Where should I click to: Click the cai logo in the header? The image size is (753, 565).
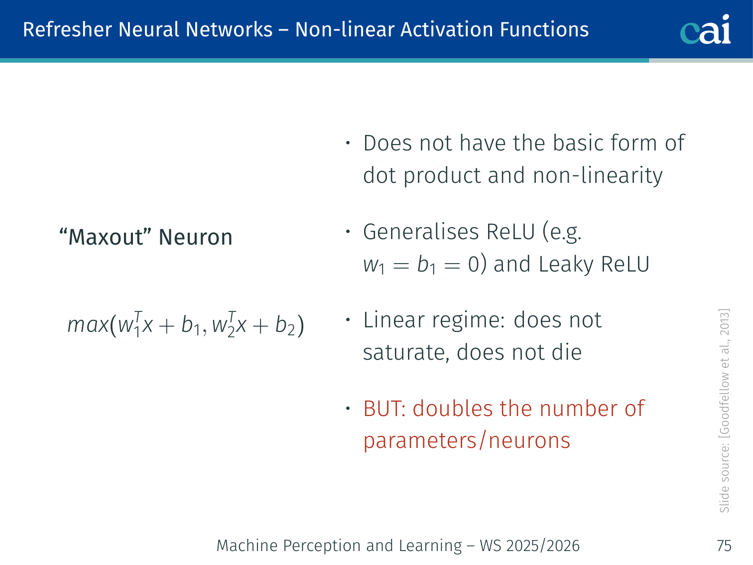tap(705, 29)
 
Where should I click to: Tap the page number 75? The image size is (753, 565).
tap(724, 546)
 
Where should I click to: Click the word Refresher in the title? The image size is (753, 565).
tap(67, 29)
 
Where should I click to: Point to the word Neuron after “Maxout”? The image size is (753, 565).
tap(196, 237)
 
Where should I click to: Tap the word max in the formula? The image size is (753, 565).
tap(88, 325)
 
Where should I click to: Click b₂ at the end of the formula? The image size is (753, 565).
tap(285, 325)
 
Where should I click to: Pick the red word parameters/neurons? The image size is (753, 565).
tap(467, 441)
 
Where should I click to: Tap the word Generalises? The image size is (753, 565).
tap(421, 232)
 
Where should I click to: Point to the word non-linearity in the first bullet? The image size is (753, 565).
tap(598, 176)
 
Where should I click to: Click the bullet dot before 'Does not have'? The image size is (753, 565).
tap(348, 142)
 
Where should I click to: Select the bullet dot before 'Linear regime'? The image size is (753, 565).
tap(348, 320)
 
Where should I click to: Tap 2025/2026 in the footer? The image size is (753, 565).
tap(543, 546)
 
